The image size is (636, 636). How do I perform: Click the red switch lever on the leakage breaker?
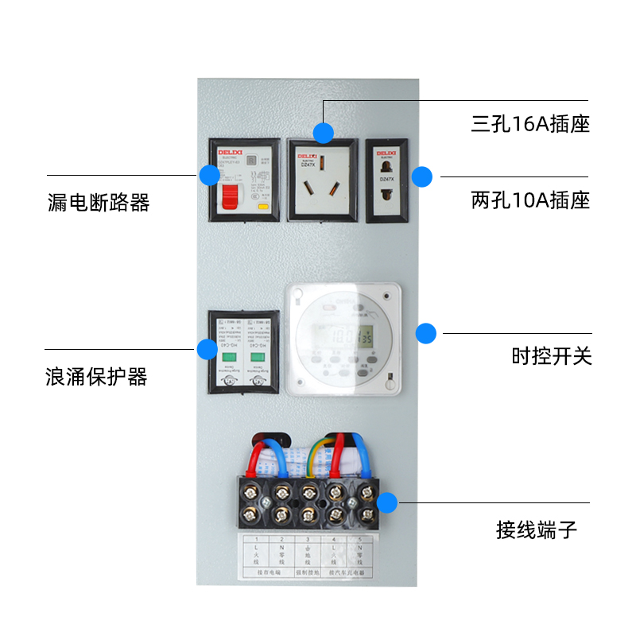click(x=230, y=196)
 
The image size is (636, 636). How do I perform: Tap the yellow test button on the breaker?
click(x=263, y=205)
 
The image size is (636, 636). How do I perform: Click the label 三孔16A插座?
click(x=530, y=125)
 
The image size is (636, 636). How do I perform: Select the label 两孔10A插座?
click(x=530, y=200)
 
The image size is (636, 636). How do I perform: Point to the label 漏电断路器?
click(x=99, y=203)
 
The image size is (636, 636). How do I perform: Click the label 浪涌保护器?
click(x=97, y=376)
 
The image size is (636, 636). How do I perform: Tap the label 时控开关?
click(x=552, y=356)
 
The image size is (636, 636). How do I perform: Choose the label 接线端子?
click(x=537, y=529)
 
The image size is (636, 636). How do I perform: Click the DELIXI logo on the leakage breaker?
click(x=230, y=151)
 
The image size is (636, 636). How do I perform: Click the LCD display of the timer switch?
click(x=353, y=336)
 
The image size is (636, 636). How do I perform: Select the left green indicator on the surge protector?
click(x=225, y=357)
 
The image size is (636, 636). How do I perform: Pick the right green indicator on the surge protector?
click(x=257, y=357)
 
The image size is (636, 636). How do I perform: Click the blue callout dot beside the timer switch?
click(x=427, y=333)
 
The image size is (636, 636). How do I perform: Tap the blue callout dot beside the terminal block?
click(x=387, y=502)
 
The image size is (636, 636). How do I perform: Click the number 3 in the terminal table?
click(x=306, y=539)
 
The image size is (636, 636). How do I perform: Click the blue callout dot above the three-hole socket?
click(x=323, y=132)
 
